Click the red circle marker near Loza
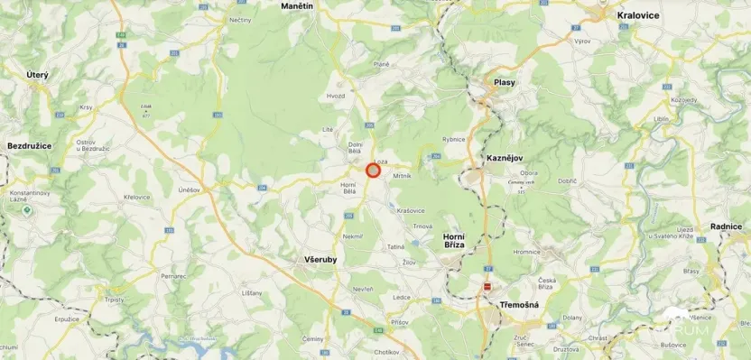click(x=373, y=171)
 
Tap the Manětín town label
click(x=297, y=6)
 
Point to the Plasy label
click(x=505, y=82)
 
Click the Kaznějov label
click(x=505, y=158)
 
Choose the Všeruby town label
click(x=316, y=259)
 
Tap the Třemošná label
click(x=519, y=305)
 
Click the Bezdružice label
click(x=30, y=145)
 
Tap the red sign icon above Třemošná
click(x=487, y=286)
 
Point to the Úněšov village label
click(x=189, y=190)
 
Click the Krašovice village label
click(x=411, y=209)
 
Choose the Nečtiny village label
click(x=240, y=19)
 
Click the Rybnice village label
click(x=453, y=139)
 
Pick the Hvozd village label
click(x=336, y=95)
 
